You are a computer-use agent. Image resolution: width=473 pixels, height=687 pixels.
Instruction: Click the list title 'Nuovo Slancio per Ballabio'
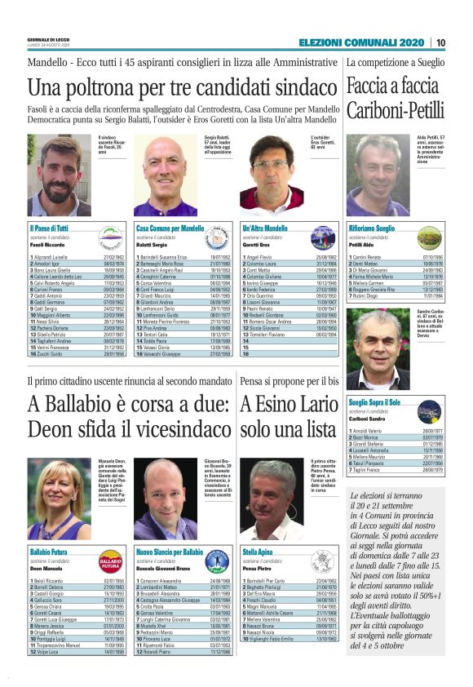pyautogui.click(x=170, y=552)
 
